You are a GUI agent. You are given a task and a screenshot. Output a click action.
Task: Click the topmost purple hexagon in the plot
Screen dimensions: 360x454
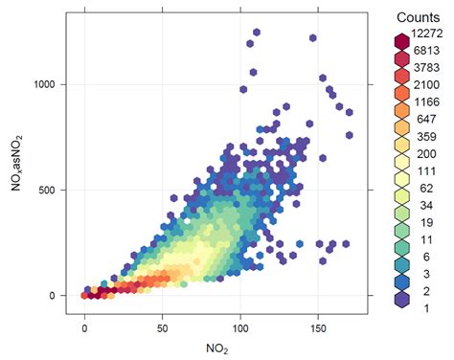[x=256, y=33]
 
